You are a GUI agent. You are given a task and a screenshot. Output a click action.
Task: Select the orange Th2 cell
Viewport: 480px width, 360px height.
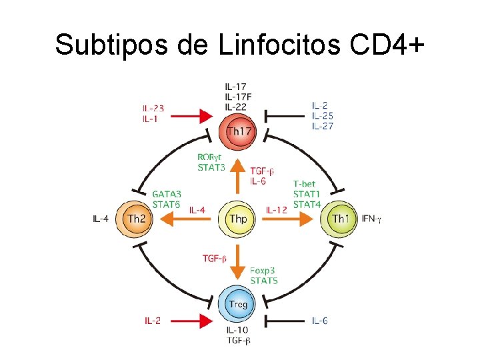[x=135, y=218]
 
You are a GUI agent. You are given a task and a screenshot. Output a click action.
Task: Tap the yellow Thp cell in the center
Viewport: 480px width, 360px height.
[x=238, y=218]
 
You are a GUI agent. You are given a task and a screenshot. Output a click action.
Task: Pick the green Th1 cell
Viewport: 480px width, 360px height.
[x=340, y=218]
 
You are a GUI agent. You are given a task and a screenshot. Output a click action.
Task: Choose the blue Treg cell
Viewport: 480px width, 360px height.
[x=238, y=305]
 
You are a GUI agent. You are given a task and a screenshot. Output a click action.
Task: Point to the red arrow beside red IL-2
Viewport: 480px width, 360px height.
[x=193, y=321]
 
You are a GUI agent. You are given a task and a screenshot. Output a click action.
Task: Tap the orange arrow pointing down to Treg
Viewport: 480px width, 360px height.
[x=238, y=263]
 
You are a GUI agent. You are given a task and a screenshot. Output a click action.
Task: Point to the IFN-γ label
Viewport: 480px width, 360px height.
[x=371, y=218]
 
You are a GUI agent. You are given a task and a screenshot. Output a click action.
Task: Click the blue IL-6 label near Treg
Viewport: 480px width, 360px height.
[x=319, y=321]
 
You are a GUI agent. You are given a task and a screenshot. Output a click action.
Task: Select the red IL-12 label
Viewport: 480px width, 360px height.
[x=277, y=210]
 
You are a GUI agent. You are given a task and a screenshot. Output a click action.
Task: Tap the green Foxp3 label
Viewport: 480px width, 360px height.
[x=263, y=271]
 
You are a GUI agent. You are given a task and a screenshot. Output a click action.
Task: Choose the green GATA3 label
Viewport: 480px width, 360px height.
[x=167, y=194]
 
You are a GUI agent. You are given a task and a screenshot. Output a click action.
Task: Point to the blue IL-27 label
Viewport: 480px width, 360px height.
[x=323, y=126]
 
